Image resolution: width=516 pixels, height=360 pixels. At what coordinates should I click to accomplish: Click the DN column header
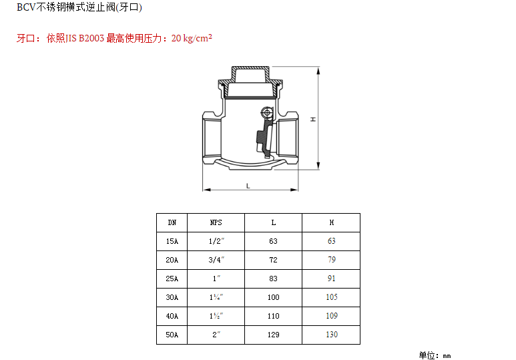(x=172, y=222)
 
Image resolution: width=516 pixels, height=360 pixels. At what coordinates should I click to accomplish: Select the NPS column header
(x=216, y=222)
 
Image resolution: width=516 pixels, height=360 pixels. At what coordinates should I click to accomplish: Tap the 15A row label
(x=172, y=241)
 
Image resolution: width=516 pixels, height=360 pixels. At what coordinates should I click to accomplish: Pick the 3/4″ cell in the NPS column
(x=216, y=260)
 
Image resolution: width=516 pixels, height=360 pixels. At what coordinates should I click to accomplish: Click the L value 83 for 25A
(x=274, y=279)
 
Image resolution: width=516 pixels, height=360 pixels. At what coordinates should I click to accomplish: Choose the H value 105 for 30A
(x=332, y=297)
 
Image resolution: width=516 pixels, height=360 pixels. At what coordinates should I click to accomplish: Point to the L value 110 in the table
(x=274, y=316)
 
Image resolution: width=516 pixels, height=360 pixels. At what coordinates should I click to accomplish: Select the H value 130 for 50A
(x=332, y=335)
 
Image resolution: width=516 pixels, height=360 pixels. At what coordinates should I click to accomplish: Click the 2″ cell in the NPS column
(x=216, y=335)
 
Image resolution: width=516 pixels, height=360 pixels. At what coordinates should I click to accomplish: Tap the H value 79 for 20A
(x=332, y=260)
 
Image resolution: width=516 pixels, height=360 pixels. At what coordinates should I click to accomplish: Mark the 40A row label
(x=172, y=316)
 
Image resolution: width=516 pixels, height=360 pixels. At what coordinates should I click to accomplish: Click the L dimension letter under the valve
(x=248, y=186)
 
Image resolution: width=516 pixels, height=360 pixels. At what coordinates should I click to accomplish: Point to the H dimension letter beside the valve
(x=313, y=120)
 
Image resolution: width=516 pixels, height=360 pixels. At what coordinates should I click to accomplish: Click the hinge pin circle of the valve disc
(x=267, y=113)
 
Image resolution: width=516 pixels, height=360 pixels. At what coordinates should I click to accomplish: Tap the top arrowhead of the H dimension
(x=318, y=71)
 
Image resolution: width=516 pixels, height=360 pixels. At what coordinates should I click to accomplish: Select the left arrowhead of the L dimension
(x=207, y=190)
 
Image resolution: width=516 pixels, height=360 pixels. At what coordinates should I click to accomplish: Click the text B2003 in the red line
(x=91, y=39)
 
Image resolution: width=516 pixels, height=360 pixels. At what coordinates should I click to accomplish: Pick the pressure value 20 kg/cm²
(x=192, y=38)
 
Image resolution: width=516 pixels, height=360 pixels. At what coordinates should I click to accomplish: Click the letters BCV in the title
(x=26, y=7)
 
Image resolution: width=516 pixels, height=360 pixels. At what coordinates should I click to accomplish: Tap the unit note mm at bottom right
(x=447, y=356)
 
